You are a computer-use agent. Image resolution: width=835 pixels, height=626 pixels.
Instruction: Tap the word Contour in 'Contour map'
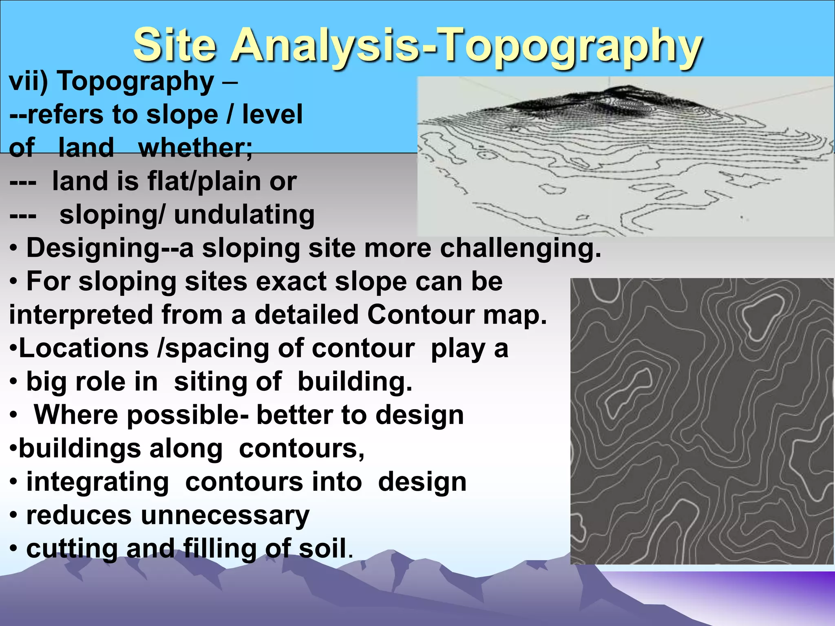click(420, 315)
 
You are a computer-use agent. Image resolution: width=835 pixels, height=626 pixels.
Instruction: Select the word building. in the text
click(355, 382)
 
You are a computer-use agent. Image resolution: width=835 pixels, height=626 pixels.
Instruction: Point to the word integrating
click(97, 482)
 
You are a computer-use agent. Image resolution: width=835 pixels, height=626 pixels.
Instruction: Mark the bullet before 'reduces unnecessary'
click(14, 516)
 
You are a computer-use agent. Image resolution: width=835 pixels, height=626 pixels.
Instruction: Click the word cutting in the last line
click(72, 549)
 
